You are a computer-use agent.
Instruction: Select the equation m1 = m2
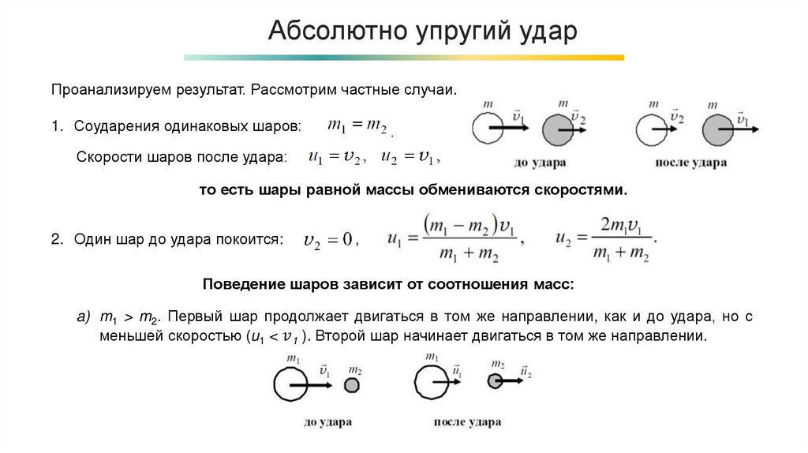point(357,125)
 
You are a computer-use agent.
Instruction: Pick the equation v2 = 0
point(327,239)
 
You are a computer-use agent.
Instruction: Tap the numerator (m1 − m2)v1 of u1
point(468,224)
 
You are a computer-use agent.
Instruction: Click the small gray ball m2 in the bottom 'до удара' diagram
point(352,384)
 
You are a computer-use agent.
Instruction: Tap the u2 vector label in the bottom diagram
point(526,369)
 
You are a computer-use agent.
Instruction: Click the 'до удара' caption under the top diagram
point(540,163)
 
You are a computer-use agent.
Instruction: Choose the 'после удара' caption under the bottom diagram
point(467,422)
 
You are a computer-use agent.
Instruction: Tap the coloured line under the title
point(403,58)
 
